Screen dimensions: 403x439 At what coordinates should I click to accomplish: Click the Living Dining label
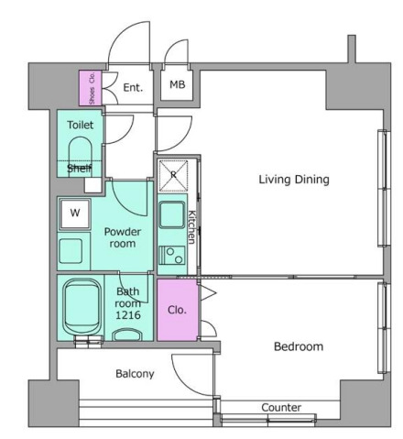294,180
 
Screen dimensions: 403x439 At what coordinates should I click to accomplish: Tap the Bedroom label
299,346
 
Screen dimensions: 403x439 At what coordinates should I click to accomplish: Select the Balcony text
135,374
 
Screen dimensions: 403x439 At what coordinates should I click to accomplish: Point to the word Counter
281,407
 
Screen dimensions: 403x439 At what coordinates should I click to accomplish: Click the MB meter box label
178,84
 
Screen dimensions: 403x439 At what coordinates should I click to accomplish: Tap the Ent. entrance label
133,88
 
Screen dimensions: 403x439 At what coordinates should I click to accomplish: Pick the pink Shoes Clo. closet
91,88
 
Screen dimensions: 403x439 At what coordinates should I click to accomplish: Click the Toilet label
81,125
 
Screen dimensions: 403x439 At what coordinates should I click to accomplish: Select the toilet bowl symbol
81,156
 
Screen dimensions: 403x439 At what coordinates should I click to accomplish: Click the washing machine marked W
75,214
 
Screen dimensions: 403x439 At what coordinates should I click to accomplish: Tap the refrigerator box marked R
173,175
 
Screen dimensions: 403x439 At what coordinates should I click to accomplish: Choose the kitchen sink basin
172,215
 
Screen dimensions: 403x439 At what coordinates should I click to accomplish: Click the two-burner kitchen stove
172,256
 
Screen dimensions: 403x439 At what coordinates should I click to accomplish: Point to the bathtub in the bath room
82,307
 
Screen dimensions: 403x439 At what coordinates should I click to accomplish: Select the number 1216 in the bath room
128,315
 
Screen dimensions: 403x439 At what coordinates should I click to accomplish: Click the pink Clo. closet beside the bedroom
178,310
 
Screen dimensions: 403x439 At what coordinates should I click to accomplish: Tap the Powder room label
123,237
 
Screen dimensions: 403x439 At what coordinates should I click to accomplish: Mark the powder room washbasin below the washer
71,251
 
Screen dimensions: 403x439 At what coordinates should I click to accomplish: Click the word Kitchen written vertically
191,227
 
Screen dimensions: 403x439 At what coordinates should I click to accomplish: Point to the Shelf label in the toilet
80,168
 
